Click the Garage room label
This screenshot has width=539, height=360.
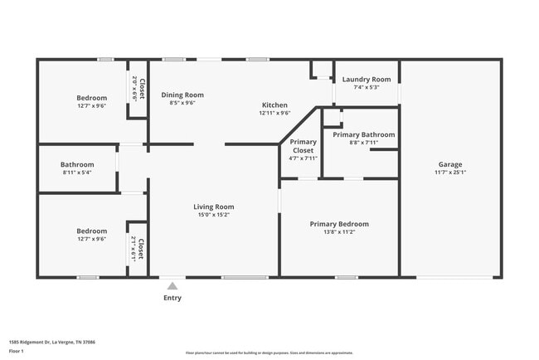(450, 164)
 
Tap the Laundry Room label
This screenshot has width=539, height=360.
(366, 79)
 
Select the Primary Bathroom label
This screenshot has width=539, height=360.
(363, 134)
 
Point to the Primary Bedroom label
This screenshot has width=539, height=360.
(339, 224)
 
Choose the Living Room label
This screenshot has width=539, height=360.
(214, 207)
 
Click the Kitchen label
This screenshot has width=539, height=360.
(274, 105)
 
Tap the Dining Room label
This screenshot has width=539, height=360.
(182, 95)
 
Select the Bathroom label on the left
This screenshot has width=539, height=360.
(78, 164)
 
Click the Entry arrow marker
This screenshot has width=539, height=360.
(172, 285)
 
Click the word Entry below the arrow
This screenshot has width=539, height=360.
(172, 298)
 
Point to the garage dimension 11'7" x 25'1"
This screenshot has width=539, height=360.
(451, 173)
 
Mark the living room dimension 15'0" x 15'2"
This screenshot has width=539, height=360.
(214, 215)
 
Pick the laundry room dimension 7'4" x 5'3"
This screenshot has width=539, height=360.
(366, 87)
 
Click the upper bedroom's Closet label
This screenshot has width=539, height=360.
(142, 89)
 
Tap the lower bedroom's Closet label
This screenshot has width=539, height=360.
(141, 250)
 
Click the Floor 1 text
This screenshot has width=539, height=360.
(17, 352)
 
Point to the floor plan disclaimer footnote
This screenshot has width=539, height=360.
(269, 352)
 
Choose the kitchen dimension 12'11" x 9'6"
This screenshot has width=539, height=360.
(274, 114)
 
